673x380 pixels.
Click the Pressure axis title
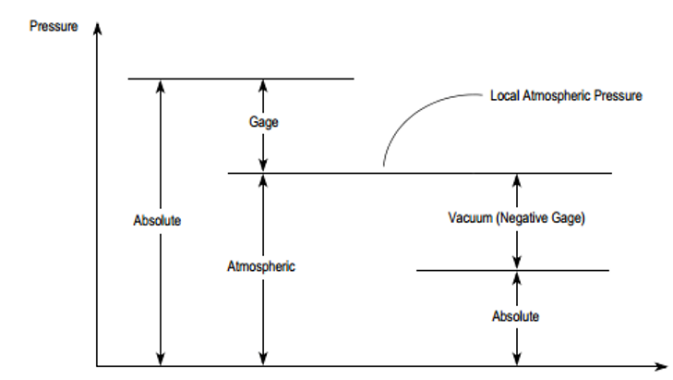pos(54,26)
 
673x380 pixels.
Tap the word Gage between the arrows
pos(263,122)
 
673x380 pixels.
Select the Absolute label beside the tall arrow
pos(157,221)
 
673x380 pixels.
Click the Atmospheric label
pos(261,266)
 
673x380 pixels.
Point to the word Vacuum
pos(471,217)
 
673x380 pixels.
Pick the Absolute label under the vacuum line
pos(515,316)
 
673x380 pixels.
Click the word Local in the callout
pos(505,95)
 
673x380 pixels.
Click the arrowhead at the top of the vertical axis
pos(98,29)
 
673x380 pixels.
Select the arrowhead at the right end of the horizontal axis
pos(661,366)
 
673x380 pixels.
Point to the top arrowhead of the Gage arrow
pos(263,86)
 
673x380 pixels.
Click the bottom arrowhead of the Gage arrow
pos(263,165)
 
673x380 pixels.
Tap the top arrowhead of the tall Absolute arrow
pos(161,86)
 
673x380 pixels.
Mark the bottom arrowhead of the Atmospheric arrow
pos(263,359)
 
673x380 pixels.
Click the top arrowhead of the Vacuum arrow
pos(517,180)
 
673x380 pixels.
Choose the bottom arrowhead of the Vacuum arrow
pos(517,264)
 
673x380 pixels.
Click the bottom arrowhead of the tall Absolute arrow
pos(161,359)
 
